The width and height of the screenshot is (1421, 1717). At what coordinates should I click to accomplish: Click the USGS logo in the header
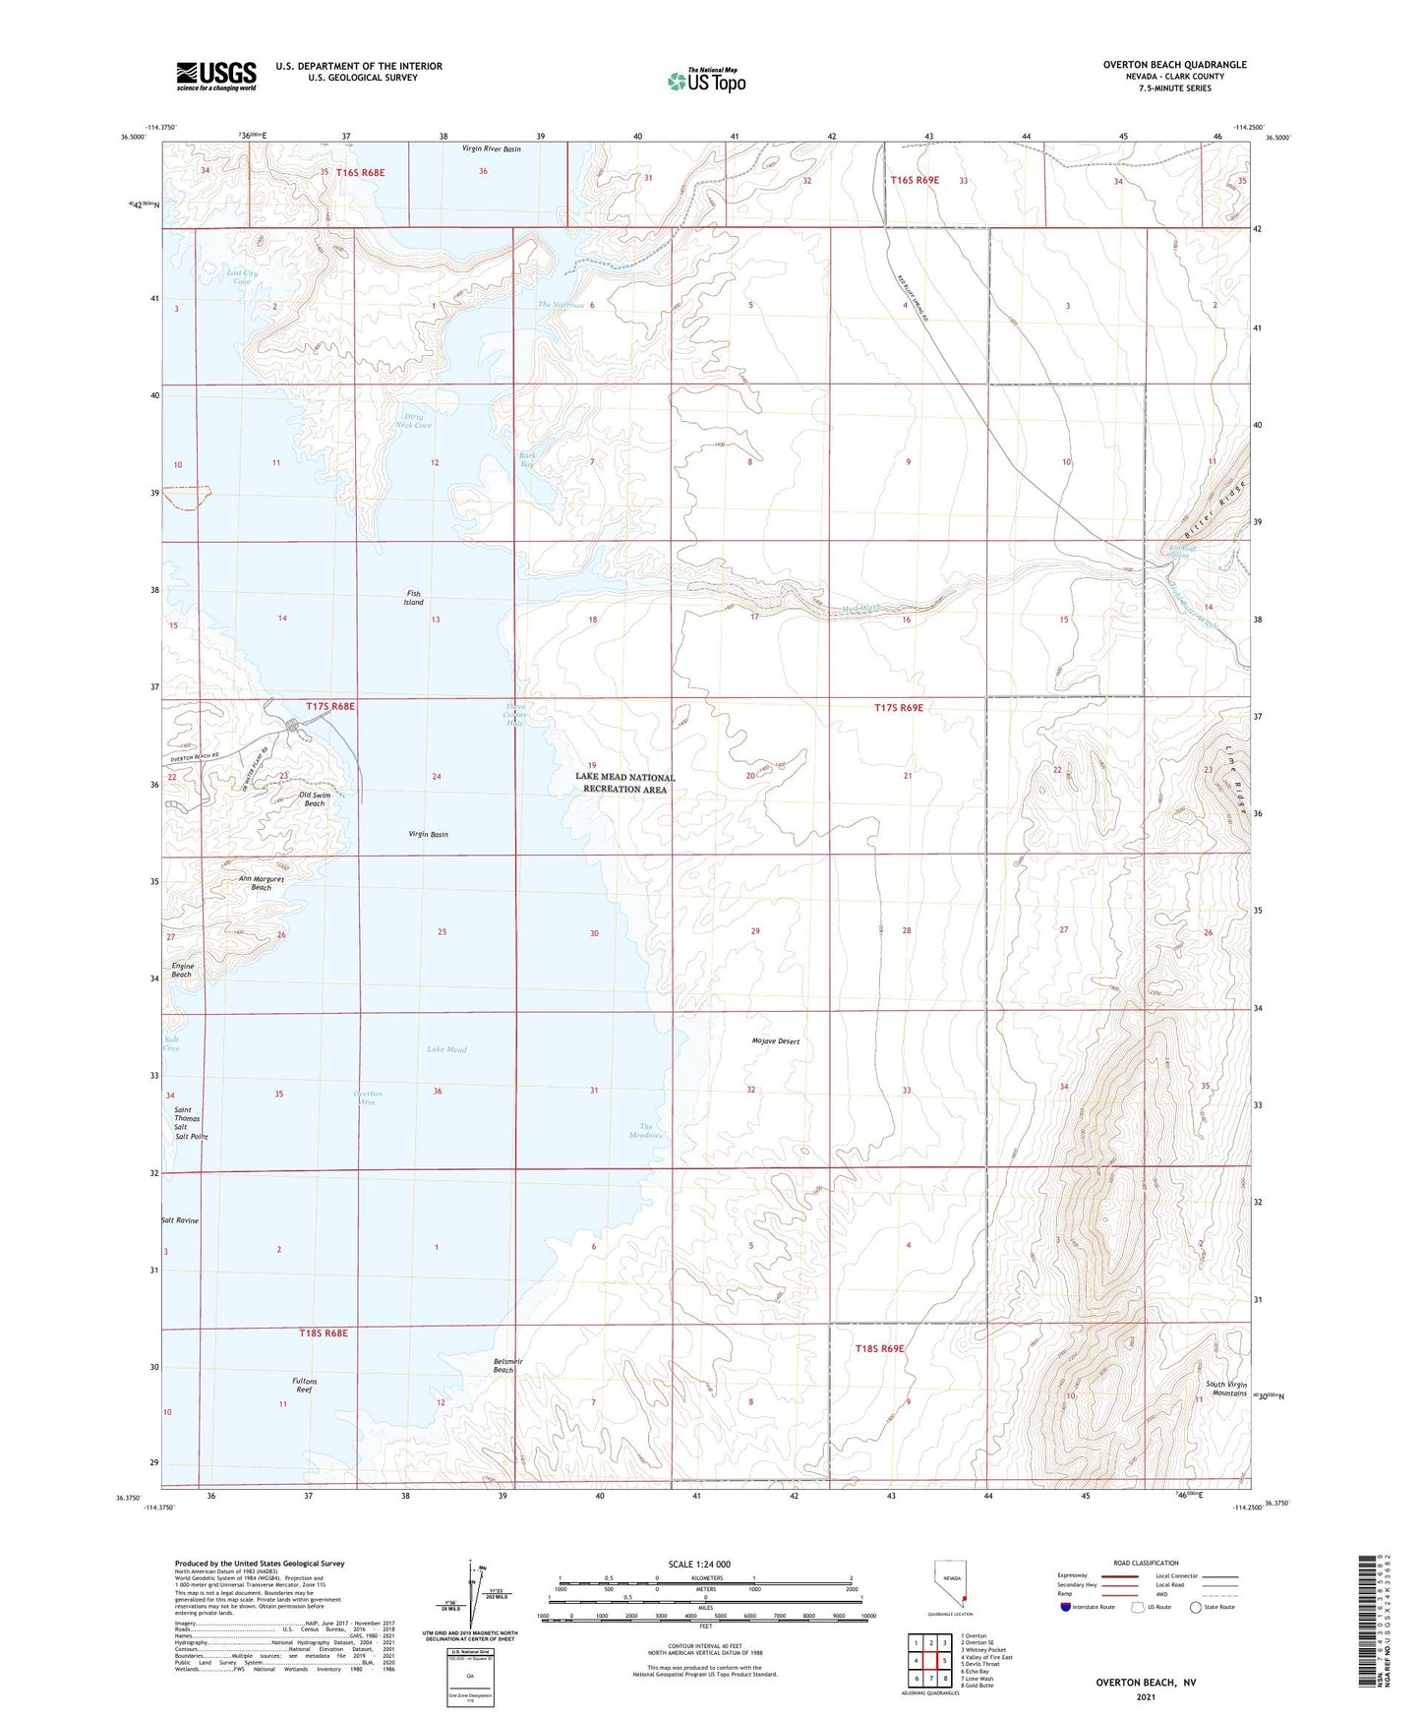(216, 76)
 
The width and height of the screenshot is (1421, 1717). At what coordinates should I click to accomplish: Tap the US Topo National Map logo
(706, 80)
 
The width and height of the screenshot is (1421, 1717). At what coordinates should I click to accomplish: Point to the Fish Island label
(414, 598)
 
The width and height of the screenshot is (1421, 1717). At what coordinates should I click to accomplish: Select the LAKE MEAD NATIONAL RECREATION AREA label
(625, 783)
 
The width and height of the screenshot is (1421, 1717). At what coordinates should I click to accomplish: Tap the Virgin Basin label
(428, 834)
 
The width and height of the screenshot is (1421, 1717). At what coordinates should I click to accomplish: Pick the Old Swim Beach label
(312, 799)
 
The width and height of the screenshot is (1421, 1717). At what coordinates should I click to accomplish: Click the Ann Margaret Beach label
(261, 883)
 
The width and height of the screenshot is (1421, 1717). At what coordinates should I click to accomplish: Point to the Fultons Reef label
(304, 1386)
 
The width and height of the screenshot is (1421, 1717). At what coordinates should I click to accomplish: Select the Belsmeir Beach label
(507, 1365)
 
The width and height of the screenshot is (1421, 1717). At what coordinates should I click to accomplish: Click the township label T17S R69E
(900, 707)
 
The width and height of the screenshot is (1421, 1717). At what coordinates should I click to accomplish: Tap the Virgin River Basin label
(491, 148)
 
